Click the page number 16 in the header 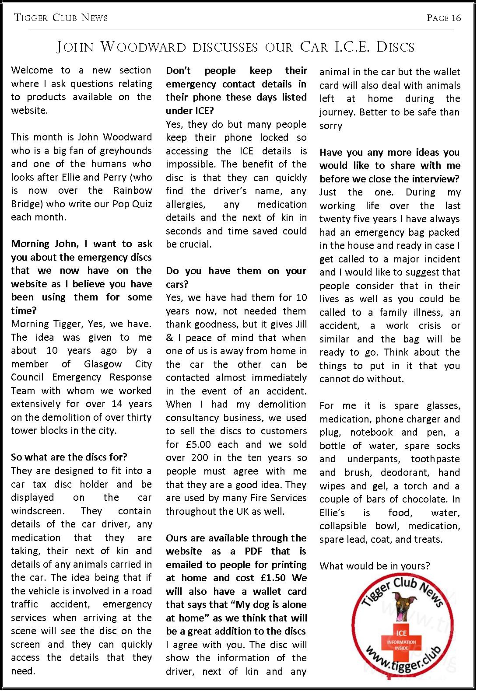pyautogui.click(x=456, y=18)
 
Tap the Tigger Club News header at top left pyautogui.click(x=61, y=18)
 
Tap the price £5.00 pyautogui.click(x=196, y=444)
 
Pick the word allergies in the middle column pyautogui.click(x=184, y=204)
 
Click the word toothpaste pyautogui.click(x=435, y=459)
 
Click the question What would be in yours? pyautogui.click(x=375, y=566)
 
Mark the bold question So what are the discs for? pyautogui.click(x=69, y=457)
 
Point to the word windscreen pyautogui.click(x=38, y=511)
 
